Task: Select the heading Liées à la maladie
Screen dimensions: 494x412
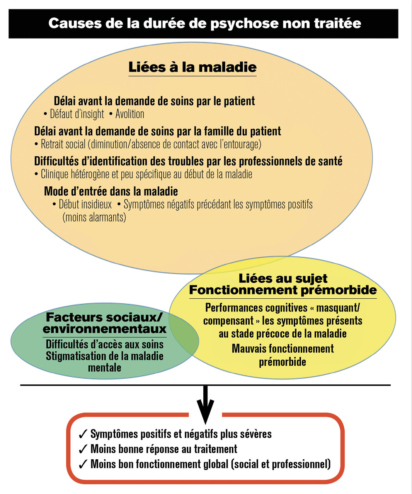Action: [x=192, y=67]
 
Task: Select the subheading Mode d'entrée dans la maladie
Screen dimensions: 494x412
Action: [x=111, y=191]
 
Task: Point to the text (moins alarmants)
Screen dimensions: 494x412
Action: [x=94, y=217]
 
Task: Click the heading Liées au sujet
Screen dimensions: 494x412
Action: [x=283, y=278]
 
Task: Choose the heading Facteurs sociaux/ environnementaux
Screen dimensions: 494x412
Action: [x=104, y=323]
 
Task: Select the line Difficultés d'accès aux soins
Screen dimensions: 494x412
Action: [x=104, y=344]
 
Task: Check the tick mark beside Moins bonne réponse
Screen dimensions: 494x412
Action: [x=83, y=449]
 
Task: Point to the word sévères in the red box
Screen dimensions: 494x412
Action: [x=255, y=434]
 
